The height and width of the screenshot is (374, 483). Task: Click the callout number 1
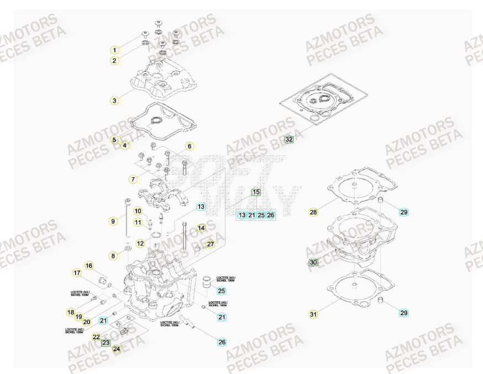tap(114, 50)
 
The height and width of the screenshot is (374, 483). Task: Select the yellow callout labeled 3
tap(114, 101)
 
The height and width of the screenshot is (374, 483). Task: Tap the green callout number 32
tap(289, 140)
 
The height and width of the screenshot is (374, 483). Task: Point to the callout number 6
tap(189, 146)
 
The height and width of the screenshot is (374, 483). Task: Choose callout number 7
tap(133, 180)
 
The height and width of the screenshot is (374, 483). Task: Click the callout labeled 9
tap(113, 221)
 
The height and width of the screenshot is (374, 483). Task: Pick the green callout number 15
tap(256, 192)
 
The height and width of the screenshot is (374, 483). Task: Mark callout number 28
tap(313, 212)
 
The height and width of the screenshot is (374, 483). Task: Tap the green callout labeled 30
tap(313, 262)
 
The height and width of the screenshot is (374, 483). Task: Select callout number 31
tap(313, 314)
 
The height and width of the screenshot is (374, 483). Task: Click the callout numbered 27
tap(210, 244)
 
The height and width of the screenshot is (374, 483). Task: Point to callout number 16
tap(89, 266)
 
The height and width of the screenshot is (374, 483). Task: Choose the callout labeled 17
tap(77, 273)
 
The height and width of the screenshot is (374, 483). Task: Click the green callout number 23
tap(106, 343)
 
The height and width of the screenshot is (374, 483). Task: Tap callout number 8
tap(113, 256)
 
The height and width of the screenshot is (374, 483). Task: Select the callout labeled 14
tap(201, 228)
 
